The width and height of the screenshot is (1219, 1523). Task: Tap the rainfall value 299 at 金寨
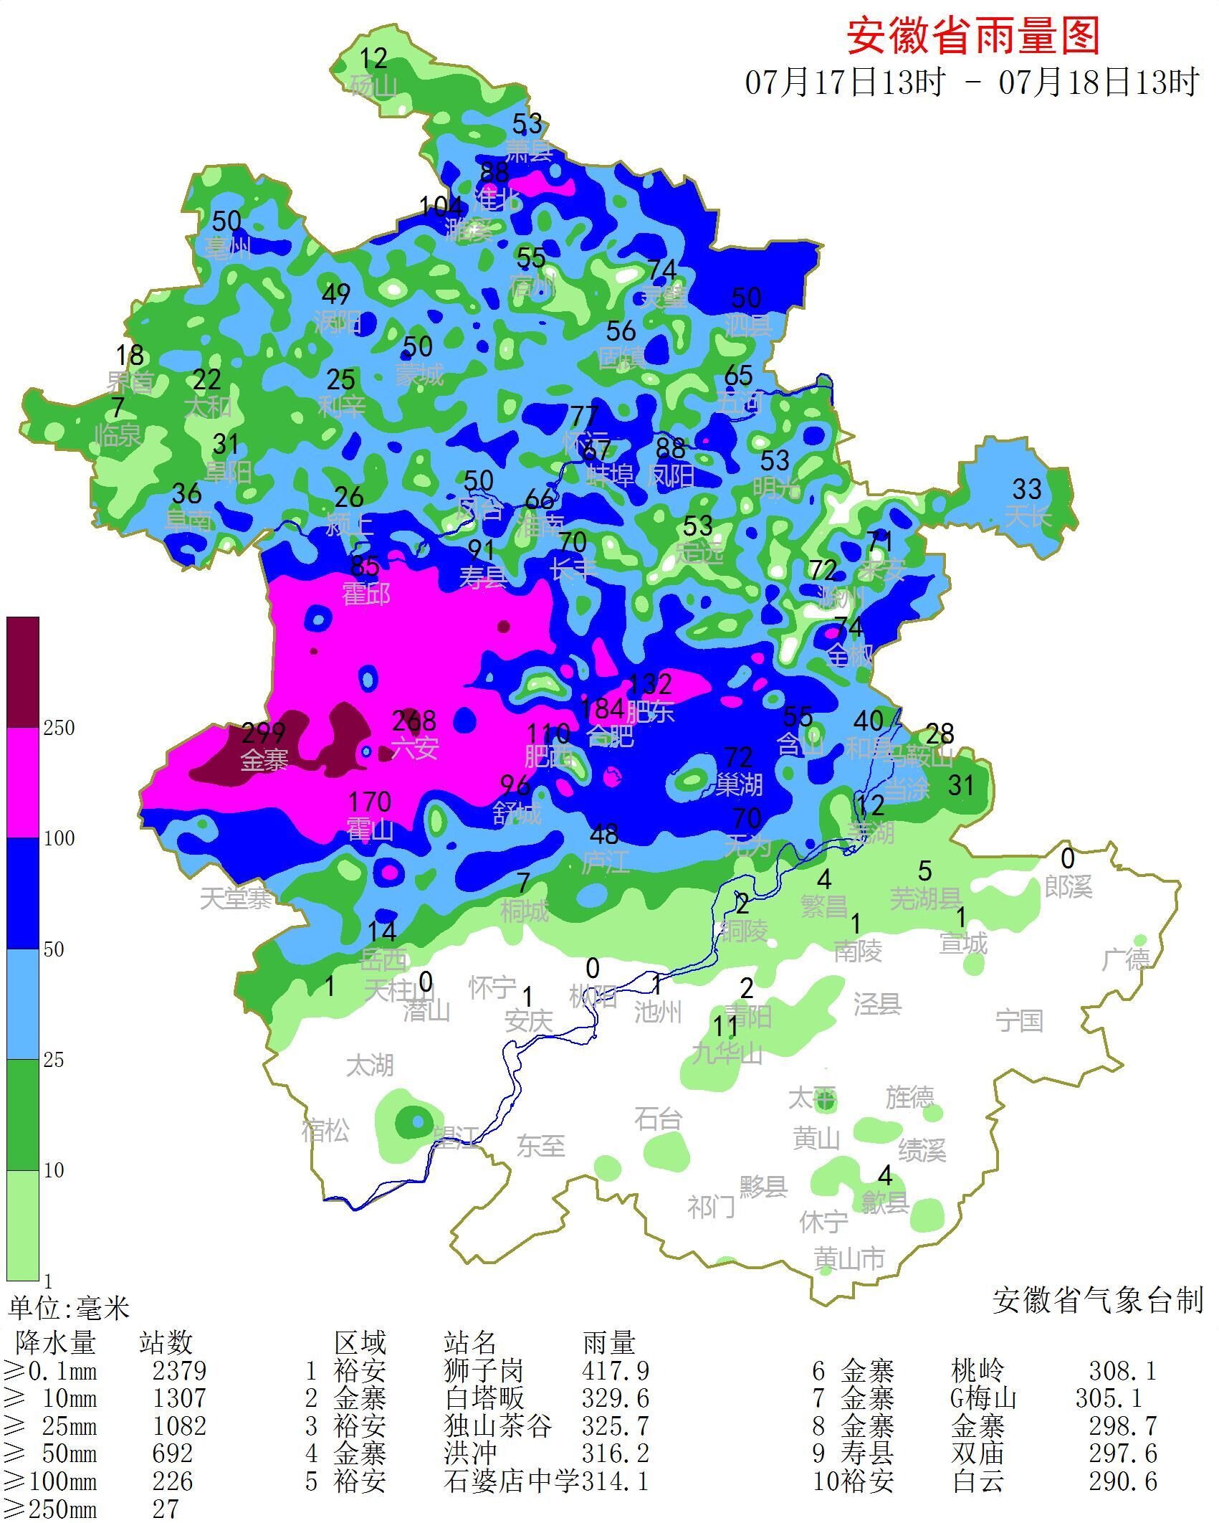tap(263, 734)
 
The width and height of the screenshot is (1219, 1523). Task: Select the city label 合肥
tap(610, 736)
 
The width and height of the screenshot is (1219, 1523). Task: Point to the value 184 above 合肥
tap(602, 709)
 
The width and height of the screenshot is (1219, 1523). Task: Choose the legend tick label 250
tap(59, 729)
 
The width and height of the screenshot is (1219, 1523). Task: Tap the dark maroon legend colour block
tap(23, 672)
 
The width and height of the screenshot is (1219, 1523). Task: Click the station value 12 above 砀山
tap(373, 57)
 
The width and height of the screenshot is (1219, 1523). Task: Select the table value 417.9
tap(616, 1371)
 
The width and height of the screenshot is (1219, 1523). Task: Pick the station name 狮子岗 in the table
tap(484, 1371)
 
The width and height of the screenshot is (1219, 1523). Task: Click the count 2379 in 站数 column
tap(179, 1371)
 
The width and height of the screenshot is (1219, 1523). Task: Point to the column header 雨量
tap(608, 1342)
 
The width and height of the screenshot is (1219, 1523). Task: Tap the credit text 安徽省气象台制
tap(1097, 1300)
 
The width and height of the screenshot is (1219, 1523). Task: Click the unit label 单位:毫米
tap(69, 1309)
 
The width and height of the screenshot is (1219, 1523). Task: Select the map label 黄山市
tap(850, 1258)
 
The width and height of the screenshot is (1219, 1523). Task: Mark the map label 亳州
tap(228, 248)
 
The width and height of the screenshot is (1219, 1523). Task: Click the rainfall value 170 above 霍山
tap(369, 802)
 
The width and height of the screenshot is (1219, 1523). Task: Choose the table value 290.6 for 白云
tap(1122, 1481)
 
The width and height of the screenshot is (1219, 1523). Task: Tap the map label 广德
tap(1126, 959)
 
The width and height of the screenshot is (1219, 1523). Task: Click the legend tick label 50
tap(54, 950)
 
